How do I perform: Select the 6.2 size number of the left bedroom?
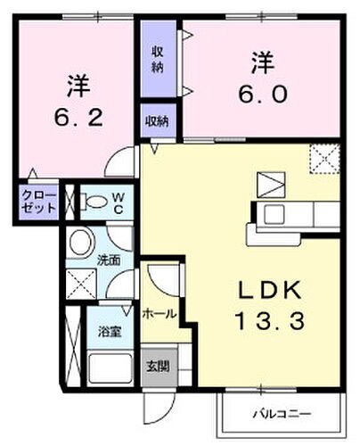click(78, 116)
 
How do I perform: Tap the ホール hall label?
click(160, 314)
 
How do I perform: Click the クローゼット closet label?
click(39, 201)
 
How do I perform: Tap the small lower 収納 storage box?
click(159, 121)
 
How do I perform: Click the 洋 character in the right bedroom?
click(262, 64)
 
